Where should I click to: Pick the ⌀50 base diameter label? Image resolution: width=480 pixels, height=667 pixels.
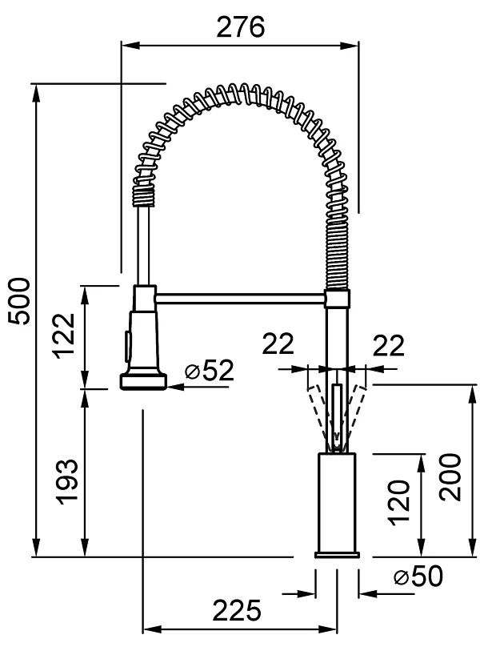coord(418,577)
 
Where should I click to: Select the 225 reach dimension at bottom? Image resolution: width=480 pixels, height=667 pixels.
coord(237,611)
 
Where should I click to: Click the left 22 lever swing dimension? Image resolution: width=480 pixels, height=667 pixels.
coord(278,344)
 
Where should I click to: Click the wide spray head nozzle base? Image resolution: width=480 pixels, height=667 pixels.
coord(144,380)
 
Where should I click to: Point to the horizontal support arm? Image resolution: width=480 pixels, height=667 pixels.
coord(240,297)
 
